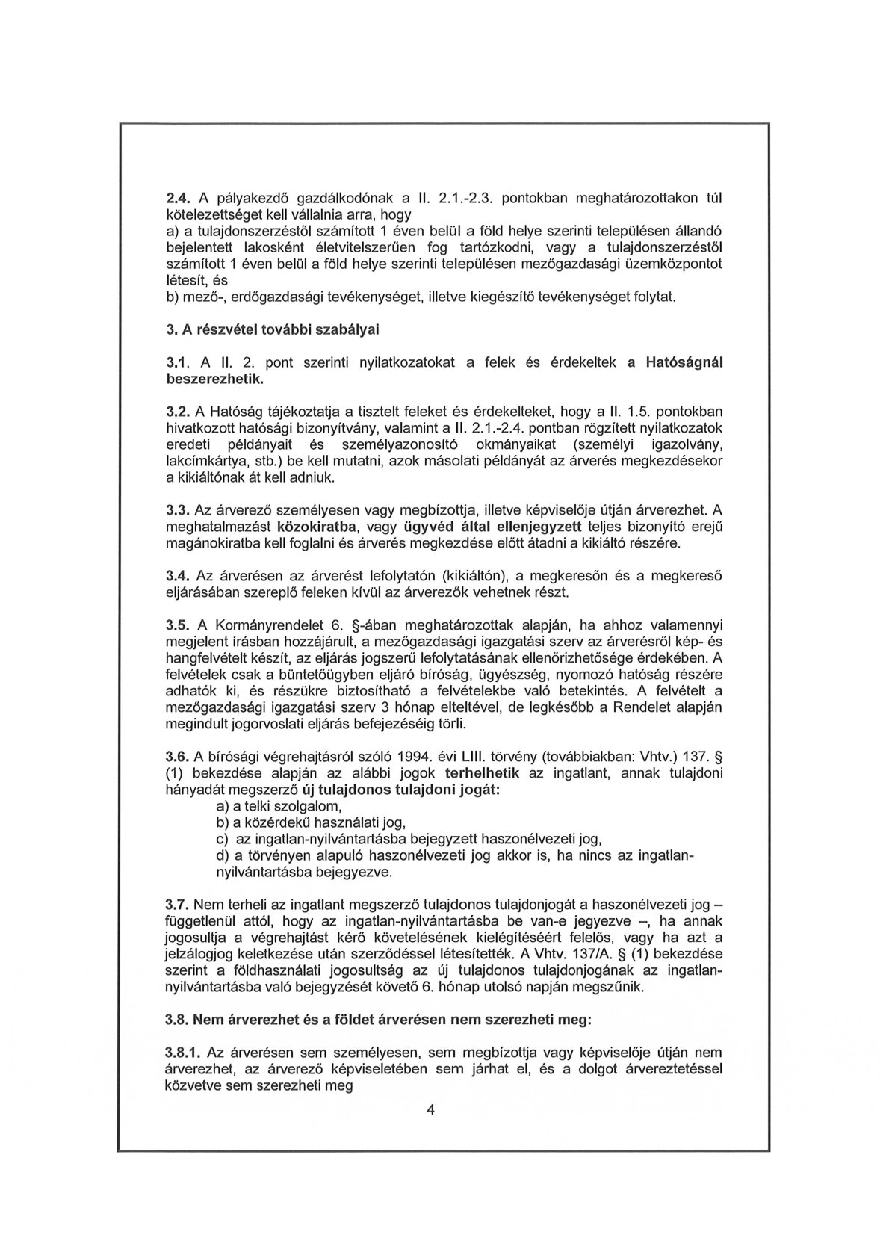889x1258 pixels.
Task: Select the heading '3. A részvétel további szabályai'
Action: [x=276, y=329]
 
